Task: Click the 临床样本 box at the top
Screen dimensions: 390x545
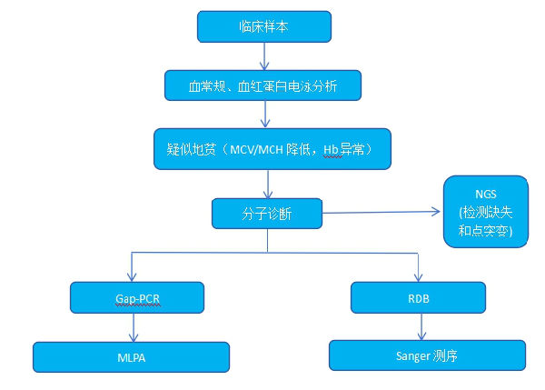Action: pyautogui.click(x=262, y=26)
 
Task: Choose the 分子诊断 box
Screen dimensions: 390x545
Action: pyautogui.click(x=267, y=214)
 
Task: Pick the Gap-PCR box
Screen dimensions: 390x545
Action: pyautogui.click(x=135, y=296)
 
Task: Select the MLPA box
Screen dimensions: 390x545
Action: pyautogui.click(x=132, y=357)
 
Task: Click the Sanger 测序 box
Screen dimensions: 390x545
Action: pyautogui.click(x=427, y=355)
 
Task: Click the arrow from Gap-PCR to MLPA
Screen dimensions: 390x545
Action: pyautogui.click(x=134, y=325)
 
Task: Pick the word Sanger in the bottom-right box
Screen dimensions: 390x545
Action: pyautogui.click(x=411, y=355)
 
